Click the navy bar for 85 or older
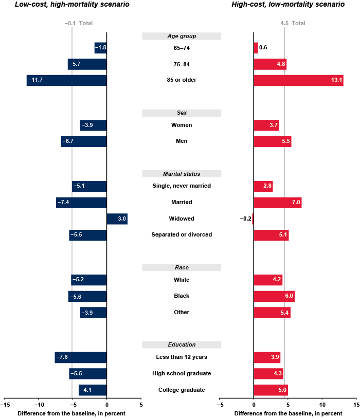coord(66,80)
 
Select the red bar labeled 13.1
coord(298,80)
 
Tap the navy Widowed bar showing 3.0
coord(117,219)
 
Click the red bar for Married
coord(277,203)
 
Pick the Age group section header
coord(182,36)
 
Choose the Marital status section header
coord(182,174)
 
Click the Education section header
coord(182,344)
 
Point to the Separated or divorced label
coord(182,235)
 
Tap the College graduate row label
coord(182,390)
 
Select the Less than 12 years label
coord(182,357)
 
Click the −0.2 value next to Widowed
coord(245,219)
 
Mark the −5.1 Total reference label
coord(78,23)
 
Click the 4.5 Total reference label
coord(293,23)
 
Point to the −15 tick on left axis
coord(4,405)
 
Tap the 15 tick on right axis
coord(356,405)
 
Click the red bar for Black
coord(274,296)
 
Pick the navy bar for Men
coord(83,141)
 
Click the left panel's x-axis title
coord(71,413)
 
